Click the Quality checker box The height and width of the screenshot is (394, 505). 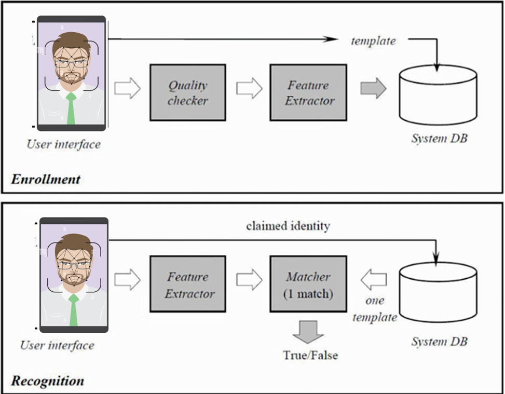pyautogui.click(x=187, y=92)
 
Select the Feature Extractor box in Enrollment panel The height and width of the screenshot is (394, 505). pyautogui.click(x=308, y=92)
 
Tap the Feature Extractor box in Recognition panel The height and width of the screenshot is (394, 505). pyautogui.click(x=187, y=284)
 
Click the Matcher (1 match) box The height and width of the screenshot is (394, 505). pyautogui.click(x=308, y=284)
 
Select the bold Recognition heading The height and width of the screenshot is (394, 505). pyautogui.click(x=48, y=381)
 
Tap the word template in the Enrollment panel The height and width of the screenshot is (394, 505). pyautogui.click(x=373, y=40)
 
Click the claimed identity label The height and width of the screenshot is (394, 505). pyautogui.click(x=288, y=226)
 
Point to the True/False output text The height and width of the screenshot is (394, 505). pyautogui.click(x=310, y=356)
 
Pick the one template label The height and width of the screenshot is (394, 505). pyautogui.click(x=375, y=309)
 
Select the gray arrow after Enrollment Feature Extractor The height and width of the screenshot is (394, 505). pyautogui.click(x=374, y=88)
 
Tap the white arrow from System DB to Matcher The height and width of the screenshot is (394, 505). pyautogui.click(x=373, y=281)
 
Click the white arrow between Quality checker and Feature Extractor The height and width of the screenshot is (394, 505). pyautogui.click(x=249, y=88)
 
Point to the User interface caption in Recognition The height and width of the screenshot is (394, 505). pyautogui.click(x=57, y=345)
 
